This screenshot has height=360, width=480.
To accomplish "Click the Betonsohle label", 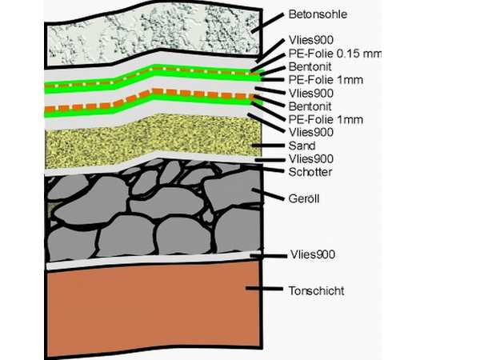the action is (318, 14).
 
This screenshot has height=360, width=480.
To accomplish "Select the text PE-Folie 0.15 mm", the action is (334, 54).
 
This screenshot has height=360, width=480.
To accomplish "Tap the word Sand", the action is (302, 146).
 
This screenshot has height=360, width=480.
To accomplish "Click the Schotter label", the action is (310, 172).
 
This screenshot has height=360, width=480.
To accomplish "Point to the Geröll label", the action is (304, 198).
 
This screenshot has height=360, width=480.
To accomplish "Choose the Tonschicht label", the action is (316, 290).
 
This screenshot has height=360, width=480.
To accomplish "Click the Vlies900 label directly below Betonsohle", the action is (311, 40).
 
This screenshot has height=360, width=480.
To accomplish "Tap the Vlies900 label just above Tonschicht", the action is (313, 254).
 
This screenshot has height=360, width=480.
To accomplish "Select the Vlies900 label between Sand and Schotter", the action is (311, 159).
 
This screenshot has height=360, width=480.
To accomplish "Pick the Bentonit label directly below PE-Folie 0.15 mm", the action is (310, 66).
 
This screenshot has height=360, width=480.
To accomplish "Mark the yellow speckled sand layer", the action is (153, 141).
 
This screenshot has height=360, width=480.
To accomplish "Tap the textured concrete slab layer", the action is (153, 34).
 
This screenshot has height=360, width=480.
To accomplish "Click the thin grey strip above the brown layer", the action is (153, 261).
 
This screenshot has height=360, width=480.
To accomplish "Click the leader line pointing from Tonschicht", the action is (264, 288).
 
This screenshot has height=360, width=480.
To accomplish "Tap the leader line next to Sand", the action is (268, 146).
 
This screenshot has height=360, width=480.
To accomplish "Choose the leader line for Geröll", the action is (268, 194).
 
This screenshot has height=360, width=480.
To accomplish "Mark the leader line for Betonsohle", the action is (267, 23).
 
